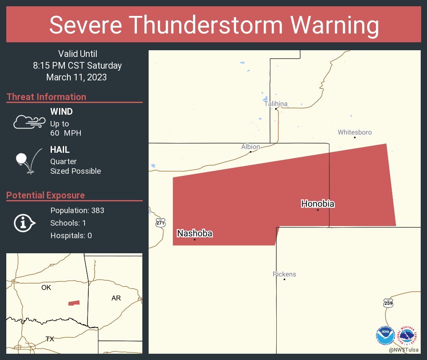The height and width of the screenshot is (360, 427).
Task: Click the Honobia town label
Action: pyautogui.click(x=318, y=204)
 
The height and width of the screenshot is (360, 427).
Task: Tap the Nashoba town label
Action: pyautogui.click(x=195, y=234)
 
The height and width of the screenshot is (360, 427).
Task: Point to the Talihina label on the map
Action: pyautogui.click(x=275, y=103)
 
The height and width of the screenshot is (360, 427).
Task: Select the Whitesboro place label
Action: pyautogui.click(x=355, y=132)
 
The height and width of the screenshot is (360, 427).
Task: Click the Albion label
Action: pyautogui.click(x=250, y=147)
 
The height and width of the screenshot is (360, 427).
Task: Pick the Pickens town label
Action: pyautogui.click(x=284, y=274)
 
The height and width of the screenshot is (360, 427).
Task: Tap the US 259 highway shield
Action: pyautogui.click(x=388, y=303)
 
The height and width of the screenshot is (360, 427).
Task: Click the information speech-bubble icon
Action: pyautogui.click(x=24, y=223)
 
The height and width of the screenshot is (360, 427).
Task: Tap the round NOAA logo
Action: pyautogui.click(x=385, y=336)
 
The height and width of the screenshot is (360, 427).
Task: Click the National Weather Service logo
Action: pyautogui.click(x=408, y=336)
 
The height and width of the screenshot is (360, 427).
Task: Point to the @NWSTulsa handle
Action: pyautogui.click(x=404, y=350)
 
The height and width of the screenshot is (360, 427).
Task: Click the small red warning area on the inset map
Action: pyautogui.click(x=74, y=303)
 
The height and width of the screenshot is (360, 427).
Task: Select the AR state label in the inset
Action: pyautogui.click(x=116, y=298)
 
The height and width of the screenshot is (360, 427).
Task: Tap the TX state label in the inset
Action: pyautogui.click(x=50, y=339)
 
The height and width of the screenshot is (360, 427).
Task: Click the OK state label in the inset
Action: pyautogui.click(x=46, y=288)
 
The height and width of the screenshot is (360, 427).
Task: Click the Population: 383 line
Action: pyautogui.click(x=77, y=210)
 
